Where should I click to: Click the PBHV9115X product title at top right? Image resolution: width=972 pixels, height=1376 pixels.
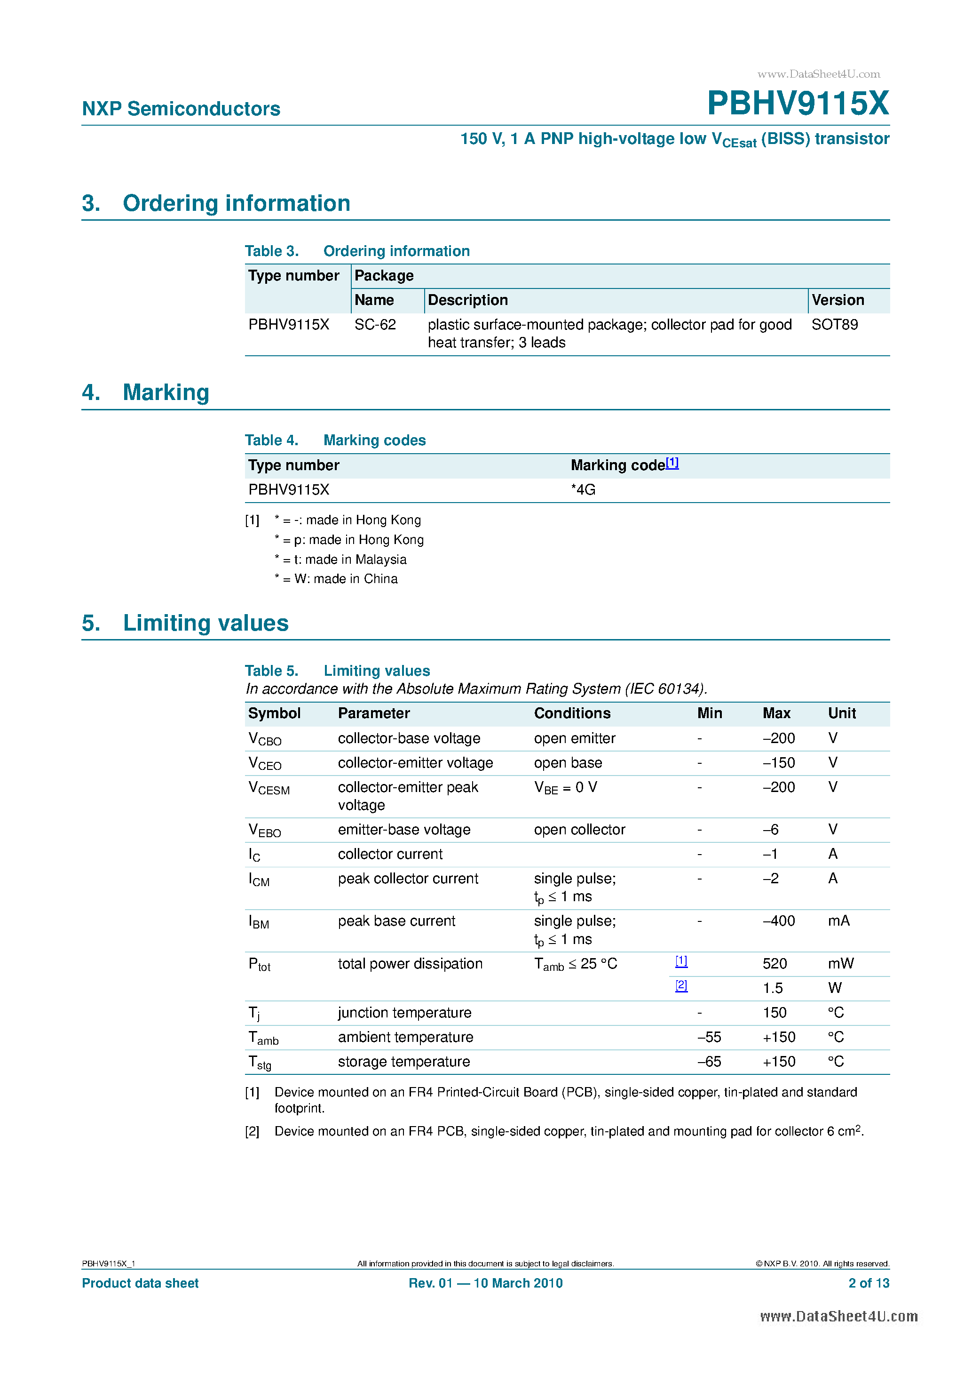click(798, 103)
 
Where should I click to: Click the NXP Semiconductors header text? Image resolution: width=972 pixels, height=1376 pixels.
click(181, 109)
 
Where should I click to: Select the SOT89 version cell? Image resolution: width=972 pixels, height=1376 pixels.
click(834, 325)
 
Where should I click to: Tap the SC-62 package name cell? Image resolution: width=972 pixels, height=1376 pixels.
click(375, 325)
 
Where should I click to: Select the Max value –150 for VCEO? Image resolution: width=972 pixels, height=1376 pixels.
click(779, 763)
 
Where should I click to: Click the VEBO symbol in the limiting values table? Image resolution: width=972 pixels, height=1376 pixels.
click(264, 830)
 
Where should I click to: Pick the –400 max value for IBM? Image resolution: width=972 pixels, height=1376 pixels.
click(779, 921)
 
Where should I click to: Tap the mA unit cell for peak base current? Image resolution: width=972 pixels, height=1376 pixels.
click(838, 921)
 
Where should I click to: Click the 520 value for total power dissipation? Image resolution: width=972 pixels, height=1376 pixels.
click(774, 964)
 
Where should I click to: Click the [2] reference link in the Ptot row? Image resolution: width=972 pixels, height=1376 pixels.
click(681, 985)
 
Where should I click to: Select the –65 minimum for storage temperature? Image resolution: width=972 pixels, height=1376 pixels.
click(709, 1062)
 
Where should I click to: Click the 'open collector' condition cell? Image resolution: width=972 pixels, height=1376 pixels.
click(579, 830)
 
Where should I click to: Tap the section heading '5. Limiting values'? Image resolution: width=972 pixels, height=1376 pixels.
click(185, 623)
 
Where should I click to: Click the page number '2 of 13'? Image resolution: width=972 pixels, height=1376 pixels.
click(869, 1283)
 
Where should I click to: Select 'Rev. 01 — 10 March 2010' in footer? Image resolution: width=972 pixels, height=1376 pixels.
click(485, 1283)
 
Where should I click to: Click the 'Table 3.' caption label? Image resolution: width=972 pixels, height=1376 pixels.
click(271, 251)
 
